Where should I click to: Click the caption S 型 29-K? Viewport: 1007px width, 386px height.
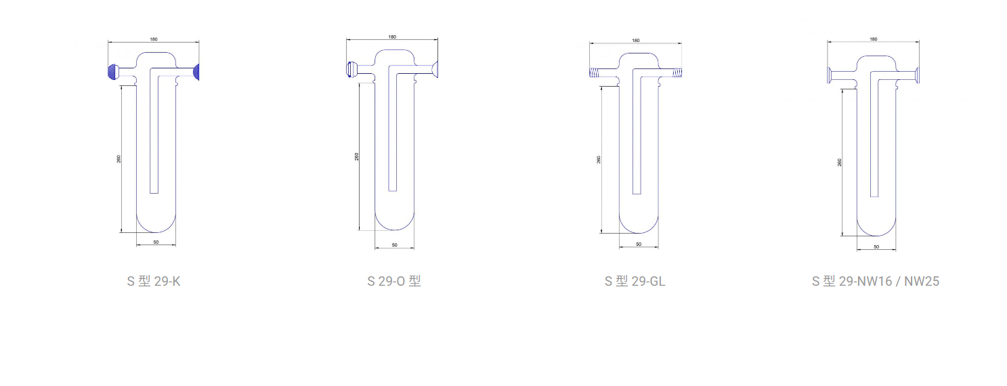(153, 281)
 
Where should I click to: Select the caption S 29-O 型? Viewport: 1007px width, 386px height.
(394, 281)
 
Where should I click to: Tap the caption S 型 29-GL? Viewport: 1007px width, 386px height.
(635, 281)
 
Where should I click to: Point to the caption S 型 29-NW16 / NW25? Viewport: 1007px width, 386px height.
(875, 281)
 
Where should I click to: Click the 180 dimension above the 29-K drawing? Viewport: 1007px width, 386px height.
(154, 39)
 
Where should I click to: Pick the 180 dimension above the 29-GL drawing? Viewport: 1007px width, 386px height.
(636, 41)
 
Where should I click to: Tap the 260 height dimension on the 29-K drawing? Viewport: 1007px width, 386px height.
(119, 158)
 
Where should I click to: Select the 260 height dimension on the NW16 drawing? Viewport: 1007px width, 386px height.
(839, 163)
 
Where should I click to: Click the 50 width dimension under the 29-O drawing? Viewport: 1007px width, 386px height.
(394, 245)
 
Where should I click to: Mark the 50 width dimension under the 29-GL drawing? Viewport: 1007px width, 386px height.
(639, 244)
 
